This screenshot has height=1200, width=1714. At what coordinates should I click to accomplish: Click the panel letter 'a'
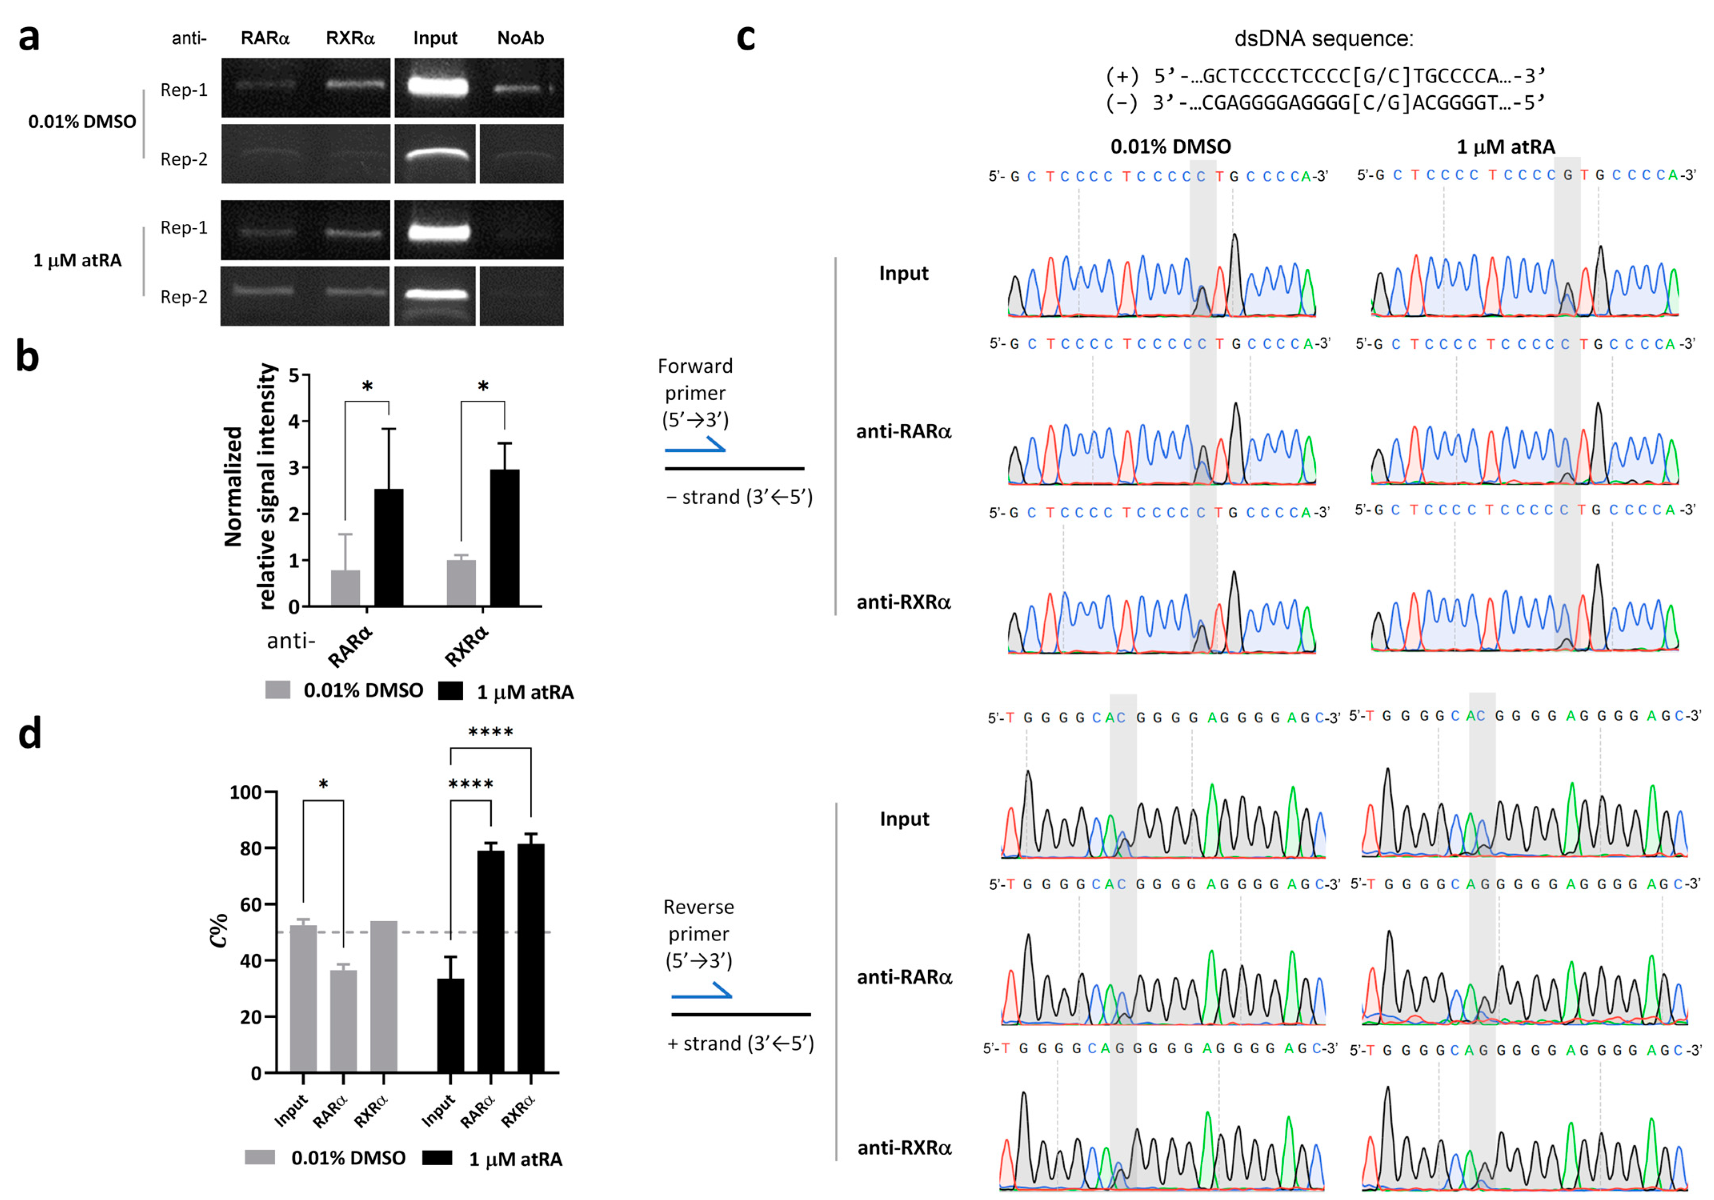coord(28,37)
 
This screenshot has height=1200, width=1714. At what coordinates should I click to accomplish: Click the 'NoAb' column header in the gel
coord(520,38)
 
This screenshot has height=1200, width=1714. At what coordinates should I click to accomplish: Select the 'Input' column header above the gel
coord(435,38)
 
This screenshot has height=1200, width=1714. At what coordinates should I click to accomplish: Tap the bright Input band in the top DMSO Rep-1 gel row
coord(437,86)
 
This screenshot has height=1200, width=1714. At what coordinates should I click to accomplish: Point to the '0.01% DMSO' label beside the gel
coord(82,122)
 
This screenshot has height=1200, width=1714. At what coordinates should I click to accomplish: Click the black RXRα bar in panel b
coord(505,537)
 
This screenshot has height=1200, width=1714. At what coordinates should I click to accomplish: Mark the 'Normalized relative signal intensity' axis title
coord(250,487)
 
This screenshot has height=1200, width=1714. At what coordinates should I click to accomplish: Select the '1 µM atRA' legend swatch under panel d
coord(437,1158)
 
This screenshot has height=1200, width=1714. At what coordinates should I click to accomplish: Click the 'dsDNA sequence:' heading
coord(1324,39)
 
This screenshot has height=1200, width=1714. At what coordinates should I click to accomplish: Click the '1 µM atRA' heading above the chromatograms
coord(1506,147)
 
